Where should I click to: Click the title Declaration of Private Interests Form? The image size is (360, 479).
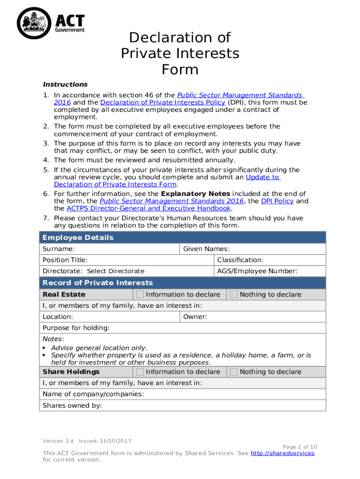[x=180, y=53]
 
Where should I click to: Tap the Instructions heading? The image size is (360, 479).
[x=65, y=85]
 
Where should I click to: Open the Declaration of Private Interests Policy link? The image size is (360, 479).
[x=163, y=102]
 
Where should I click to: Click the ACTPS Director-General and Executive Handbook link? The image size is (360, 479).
[x=149, y=208]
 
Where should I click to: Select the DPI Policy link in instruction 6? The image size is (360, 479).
[x=277, y=201]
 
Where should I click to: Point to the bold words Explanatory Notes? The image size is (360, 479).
[x=195, y=194]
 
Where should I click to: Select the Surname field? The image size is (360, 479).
[x=126, y=249]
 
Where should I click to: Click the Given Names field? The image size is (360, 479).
[x=276, y=249]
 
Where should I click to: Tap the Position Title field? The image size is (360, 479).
[x=150, y=260]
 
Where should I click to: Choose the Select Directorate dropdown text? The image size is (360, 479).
[x=116, y=271]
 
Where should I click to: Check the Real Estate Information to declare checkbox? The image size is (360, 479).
[x=140, y=295]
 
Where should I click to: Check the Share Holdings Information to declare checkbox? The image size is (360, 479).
[x=140, y=372]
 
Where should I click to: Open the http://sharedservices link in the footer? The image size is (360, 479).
[x=282, y=453]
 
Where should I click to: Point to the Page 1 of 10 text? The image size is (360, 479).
[x=300, y=447]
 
